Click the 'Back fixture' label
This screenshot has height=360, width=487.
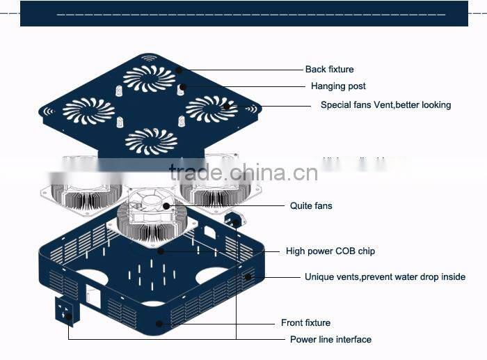click(x=329, y=69)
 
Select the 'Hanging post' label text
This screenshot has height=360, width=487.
click(x=338, y=86)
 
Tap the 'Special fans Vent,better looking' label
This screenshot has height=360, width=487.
click(x=385, y=105)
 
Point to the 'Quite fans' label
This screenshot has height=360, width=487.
click(x=311, y=205)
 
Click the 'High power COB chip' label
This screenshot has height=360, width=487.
click(x=330, y=251)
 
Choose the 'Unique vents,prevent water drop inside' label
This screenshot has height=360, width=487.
click(x=385, y=276)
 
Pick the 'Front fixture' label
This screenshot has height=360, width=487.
click(x=305, y=322)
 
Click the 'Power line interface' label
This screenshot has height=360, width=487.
click(x=330, y=339)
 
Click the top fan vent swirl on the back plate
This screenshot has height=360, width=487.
click(x=150, y=77)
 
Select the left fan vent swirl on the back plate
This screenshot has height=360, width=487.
click(x=88, y=111)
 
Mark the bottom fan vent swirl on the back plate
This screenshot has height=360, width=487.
click(x=151, y=141)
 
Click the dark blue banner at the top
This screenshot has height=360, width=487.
click(x=243, y=13)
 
